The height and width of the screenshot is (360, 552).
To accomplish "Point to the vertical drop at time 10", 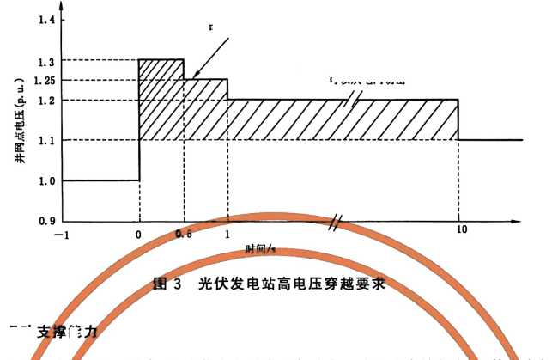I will pyautogui.click(x=458, y=120).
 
